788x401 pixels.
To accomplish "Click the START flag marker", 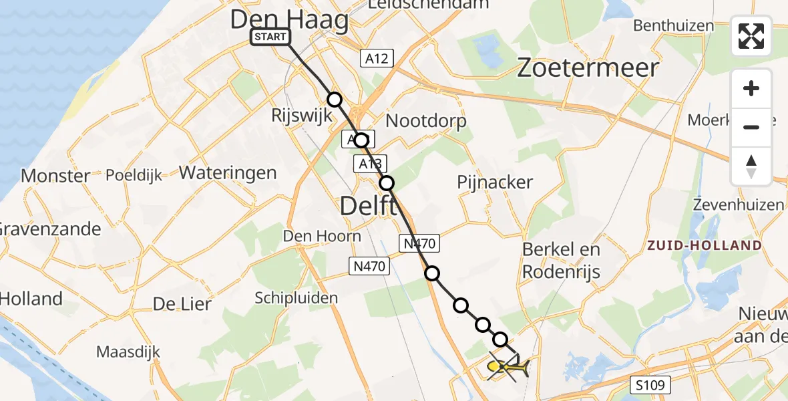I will (270, 37).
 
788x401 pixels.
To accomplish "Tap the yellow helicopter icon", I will (508, 366).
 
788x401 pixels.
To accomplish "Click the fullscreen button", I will (751, 35).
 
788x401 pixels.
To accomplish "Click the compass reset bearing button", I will (751, 166).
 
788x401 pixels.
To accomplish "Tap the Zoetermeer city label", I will (588, 68).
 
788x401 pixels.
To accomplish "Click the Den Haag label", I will (290, 20).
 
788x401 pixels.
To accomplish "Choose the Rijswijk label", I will (301, 115).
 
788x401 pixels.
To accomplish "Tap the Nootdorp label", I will (426, 121).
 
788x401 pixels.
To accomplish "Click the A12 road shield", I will (376, 58).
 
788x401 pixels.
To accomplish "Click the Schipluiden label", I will (297, 298).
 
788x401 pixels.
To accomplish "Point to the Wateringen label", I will (228, 173).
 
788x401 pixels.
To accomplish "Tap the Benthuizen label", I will (673, 26).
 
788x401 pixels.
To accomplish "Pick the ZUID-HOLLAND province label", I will (704, 245).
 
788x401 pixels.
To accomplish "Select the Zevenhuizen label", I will (738, 205).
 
